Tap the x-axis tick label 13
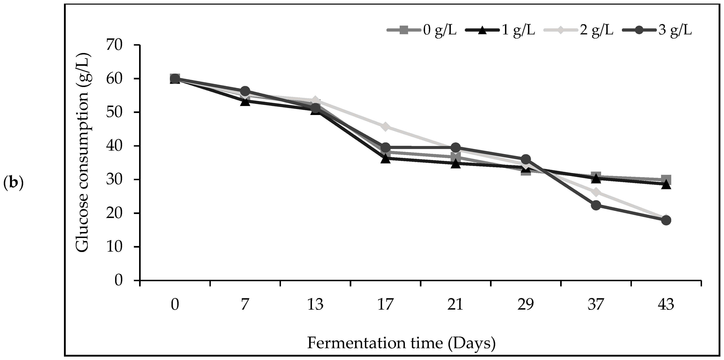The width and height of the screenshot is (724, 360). pos(315,305)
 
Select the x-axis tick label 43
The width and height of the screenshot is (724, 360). pos(666,305)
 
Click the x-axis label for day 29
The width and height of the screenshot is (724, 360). pos(526,305)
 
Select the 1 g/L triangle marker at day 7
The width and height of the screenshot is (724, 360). pos(245,102)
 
